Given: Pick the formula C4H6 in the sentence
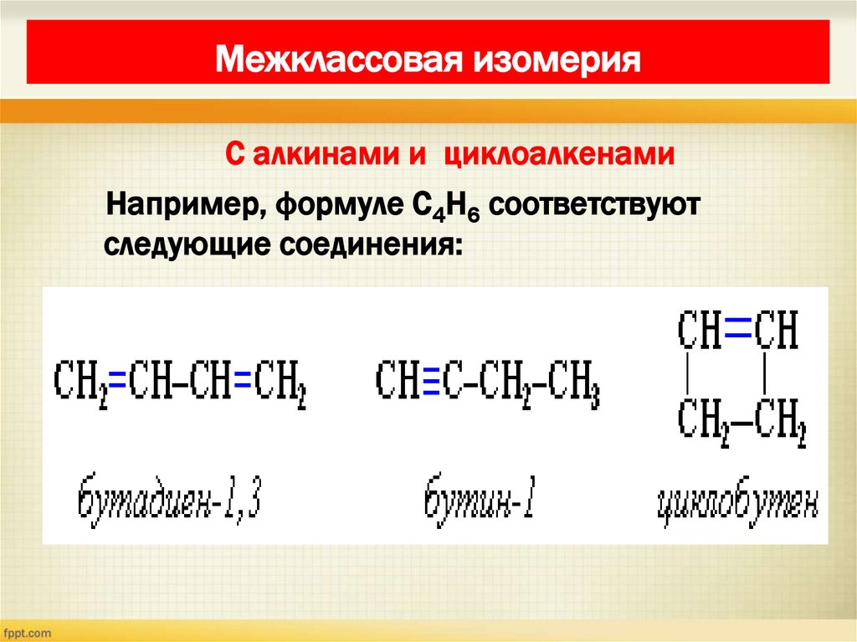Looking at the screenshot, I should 430,208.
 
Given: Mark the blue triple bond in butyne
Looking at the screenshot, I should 432,382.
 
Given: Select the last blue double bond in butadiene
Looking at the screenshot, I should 243,382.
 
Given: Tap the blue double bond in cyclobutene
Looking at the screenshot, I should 736,330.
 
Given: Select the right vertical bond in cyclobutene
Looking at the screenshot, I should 765,374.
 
